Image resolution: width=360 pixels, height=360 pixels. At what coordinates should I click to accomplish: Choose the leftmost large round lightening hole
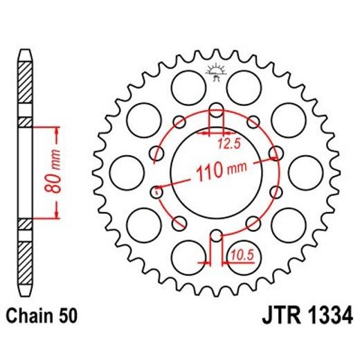tap(125, 170)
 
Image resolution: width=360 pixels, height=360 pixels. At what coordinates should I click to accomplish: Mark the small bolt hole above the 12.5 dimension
tap(215, 109)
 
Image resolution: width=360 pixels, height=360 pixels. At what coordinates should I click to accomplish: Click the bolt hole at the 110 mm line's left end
tap(155, 188)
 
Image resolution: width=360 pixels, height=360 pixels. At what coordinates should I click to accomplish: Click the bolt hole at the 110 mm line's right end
tap(276, 152)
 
